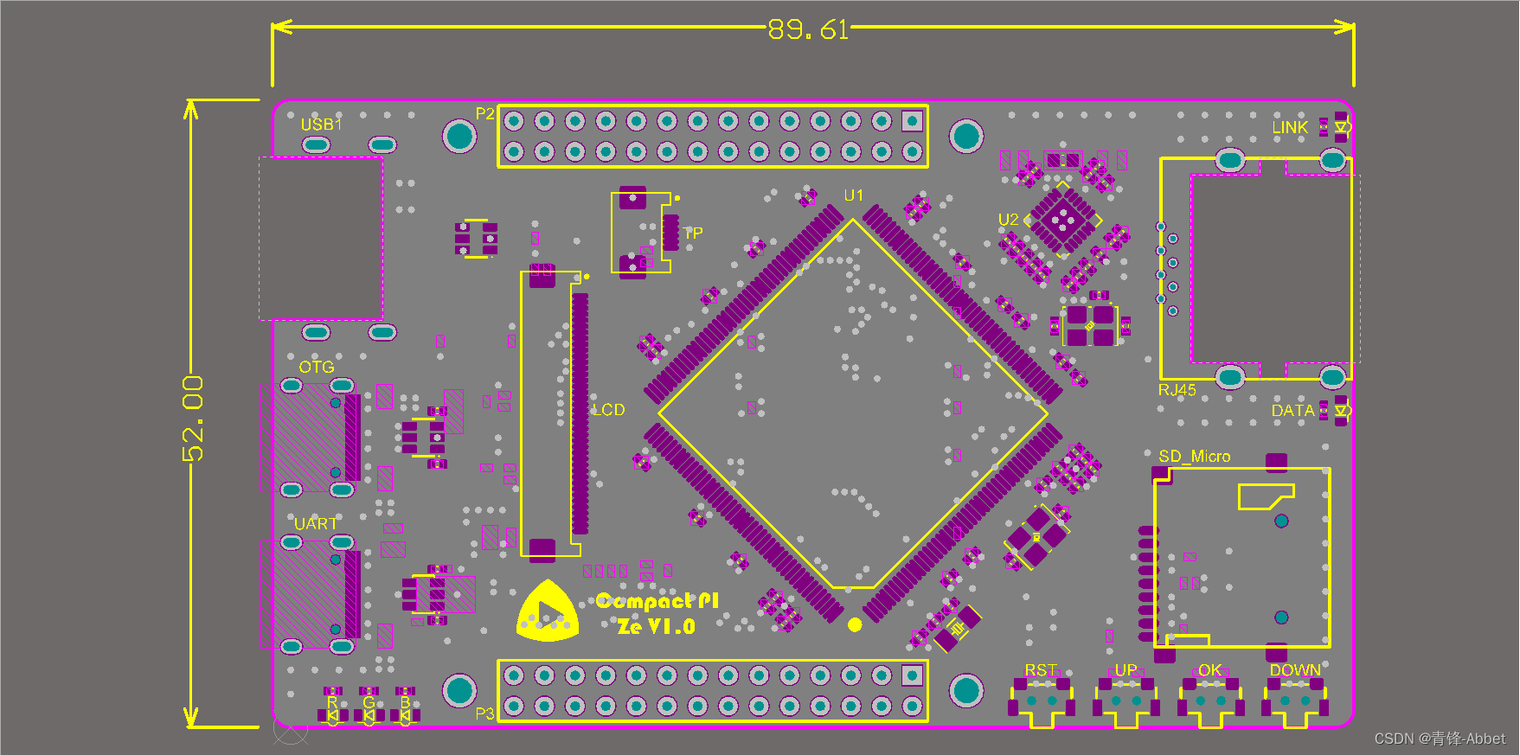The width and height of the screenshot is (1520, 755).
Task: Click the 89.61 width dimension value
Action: click(808, 30)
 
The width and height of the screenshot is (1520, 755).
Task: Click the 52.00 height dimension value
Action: click(194, 418)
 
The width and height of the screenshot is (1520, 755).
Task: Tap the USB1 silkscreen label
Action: click(321, 125)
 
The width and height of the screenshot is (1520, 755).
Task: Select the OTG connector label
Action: click(317, 368)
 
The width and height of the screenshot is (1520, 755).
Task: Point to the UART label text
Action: click(316, 524)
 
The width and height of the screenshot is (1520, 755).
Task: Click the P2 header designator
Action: click(484, 114)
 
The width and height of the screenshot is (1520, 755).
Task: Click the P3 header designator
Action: click(484, 713)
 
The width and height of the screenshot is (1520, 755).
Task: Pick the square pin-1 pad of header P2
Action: click(912, 121)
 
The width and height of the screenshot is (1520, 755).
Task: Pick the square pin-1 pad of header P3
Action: click(912, 675)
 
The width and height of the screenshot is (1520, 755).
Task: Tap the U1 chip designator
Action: click(853, 195)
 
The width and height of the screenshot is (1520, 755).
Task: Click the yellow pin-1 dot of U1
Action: click(855, 624)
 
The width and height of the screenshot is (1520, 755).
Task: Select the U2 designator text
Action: click(1008, 220)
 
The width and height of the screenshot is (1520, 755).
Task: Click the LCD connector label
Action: click(608, 410)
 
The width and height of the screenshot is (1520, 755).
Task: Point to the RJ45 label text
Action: click(1177, 390)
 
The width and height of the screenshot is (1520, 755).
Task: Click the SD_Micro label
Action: click(1194, 456)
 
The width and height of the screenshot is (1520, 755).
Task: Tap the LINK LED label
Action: click(1289, 127)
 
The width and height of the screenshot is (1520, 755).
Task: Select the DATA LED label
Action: click(1292, 411)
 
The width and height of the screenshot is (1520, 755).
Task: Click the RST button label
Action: click(1040, 670)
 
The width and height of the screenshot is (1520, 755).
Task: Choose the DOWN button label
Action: click(1294, 670)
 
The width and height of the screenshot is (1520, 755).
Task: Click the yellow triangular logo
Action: click(548, 612)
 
